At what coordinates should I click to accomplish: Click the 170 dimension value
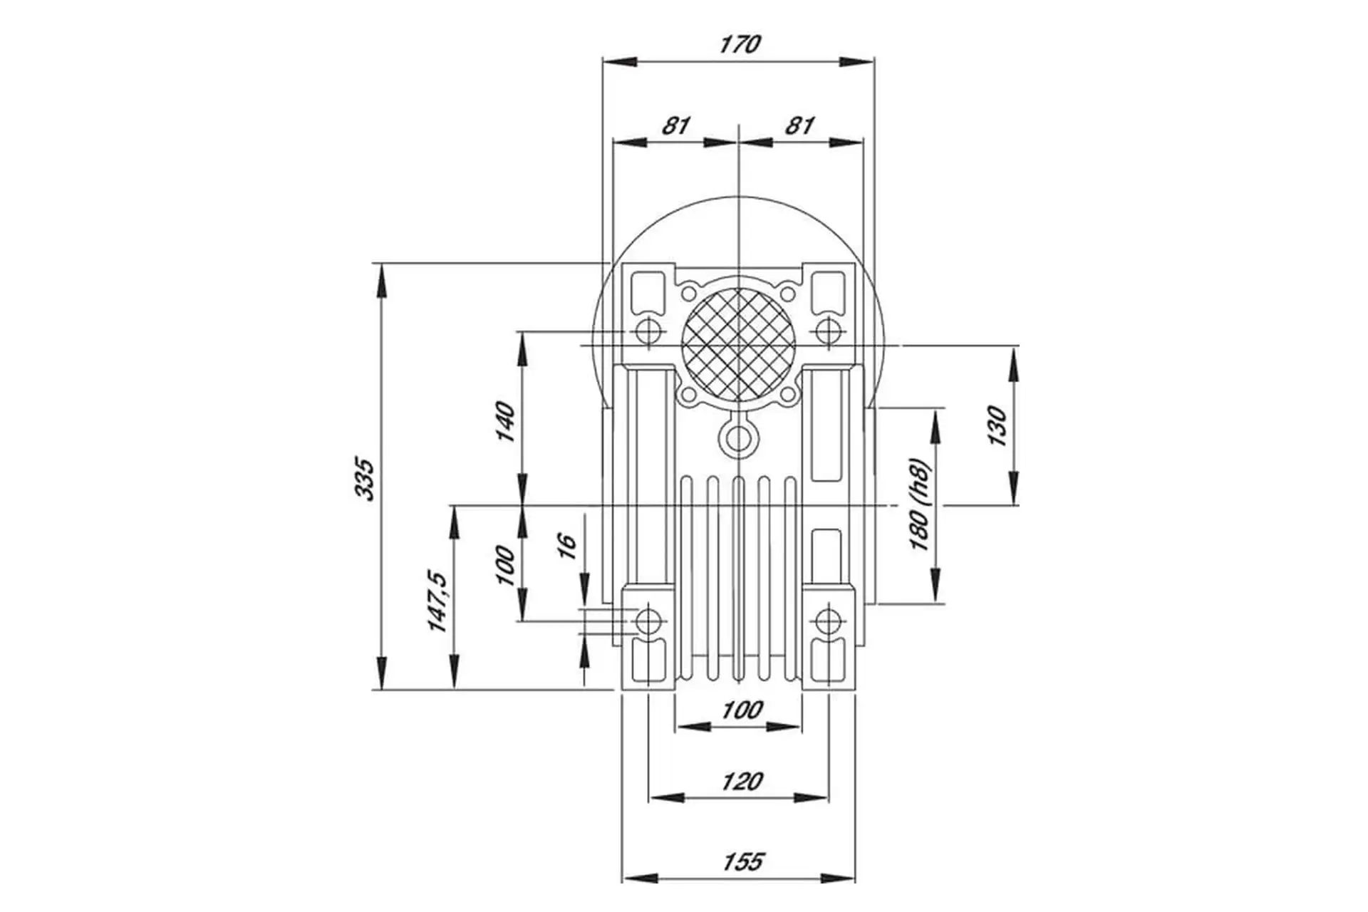pos(740,44)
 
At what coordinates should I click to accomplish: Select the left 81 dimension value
pos(675,125)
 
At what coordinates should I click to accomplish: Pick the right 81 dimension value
pos(799,125)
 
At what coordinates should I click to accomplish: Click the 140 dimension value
pos(504,422)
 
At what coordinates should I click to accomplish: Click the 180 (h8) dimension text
pos(920,504)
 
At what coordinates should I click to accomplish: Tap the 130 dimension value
pos(998,426)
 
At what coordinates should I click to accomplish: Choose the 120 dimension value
pos(742,782)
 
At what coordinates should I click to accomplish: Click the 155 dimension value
pos(742,861)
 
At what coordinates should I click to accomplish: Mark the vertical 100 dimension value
pos(504,565)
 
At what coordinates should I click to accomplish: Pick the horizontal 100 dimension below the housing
pos(742,710)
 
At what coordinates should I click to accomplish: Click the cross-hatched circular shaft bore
pos(738,345)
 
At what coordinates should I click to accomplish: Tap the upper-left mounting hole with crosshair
pos(648,331)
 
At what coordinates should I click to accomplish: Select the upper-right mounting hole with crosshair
pos(827,331)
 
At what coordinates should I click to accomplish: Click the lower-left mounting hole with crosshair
pos(648,621)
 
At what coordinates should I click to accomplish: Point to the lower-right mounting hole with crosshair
pos(827,621)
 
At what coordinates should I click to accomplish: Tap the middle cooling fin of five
pos(738,577)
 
